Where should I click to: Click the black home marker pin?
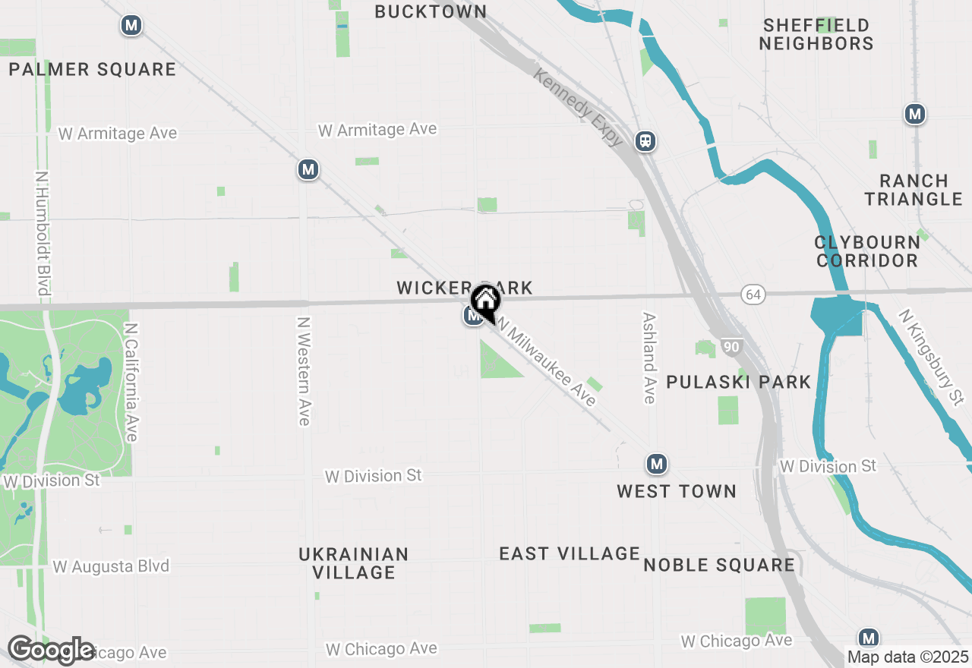pyautogui.click(x=485, y=304)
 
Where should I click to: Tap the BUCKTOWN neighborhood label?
pyautogui.click(x=431, y=11)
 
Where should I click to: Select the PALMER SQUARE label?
pyautogui.click(x=93, y=70)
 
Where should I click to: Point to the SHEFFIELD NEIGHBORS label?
pyautogui.click(x=816, y=34)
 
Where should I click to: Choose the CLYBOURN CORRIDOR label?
pyautogui.click(x=866, y=251)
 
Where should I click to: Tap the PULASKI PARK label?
pyautogui.click(x=739, y=382)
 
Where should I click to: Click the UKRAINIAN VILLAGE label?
pyautogui.click(x=354, y=563)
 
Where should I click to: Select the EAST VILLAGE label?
pyautogui.click(x=570, y=554)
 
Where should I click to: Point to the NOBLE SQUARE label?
pyautogui.click(x=719, y=565)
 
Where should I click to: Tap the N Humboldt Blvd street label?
pyautogui.click(x=43, y=233)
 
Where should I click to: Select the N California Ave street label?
pyautogui.click(x=131, y=382)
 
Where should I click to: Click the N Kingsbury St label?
pyautogui.click(x=929, y=356)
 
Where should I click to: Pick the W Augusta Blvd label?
pyautogui.click(x=111, y=567)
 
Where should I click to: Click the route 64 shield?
pyautogui.click(x=753, y=295)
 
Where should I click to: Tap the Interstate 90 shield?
pyautogui.click(x=731, y=347)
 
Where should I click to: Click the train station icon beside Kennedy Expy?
pyautogui.click(x=646, y=140)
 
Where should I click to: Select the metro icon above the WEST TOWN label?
pyautogui.click(x=657, y=463)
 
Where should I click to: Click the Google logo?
pyautogui.click(x=51, y=651)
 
